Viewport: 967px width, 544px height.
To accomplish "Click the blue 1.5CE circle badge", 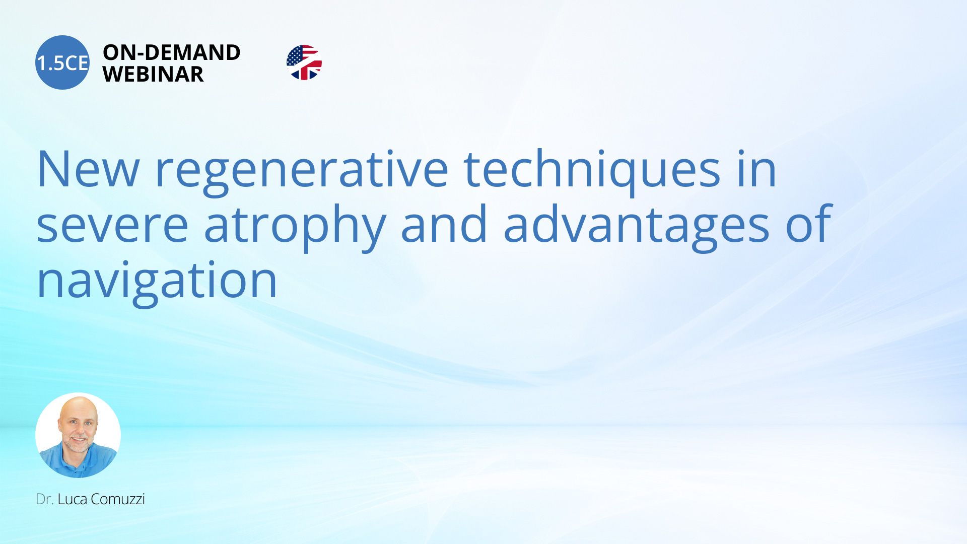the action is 62,62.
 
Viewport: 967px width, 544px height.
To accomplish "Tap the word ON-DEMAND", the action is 172,52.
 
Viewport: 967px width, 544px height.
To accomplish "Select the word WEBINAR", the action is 153,74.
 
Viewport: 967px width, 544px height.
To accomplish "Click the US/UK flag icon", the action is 304,62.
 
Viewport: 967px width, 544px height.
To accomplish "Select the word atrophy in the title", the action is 295,228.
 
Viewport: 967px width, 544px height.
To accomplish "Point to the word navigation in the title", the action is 157,282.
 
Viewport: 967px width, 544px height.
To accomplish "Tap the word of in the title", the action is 809,223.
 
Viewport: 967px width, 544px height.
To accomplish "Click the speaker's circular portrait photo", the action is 78,435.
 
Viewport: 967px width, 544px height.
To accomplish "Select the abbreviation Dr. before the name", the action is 45,499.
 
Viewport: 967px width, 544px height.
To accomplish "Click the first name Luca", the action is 73,499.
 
